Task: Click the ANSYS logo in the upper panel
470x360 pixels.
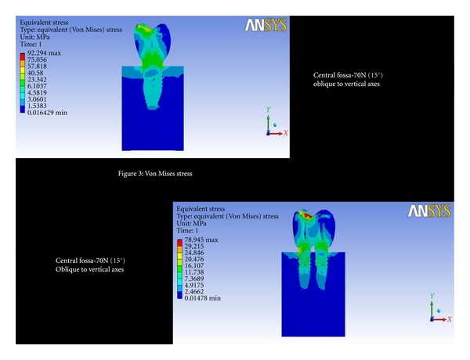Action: point(266,25)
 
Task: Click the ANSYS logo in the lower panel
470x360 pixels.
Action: point(429,211)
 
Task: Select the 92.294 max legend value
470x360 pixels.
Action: point(44,53)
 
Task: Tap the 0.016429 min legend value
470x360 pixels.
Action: point(47,113)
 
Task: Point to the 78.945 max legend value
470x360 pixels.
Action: point(201,239)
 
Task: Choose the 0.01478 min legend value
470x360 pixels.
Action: point(203,298)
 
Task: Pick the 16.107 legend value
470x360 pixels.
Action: point(194,265)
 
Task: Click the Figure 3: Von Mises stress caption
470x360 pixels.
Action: point(155,174)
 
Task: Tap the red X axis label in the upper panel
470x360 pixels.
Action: point(286,133)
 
